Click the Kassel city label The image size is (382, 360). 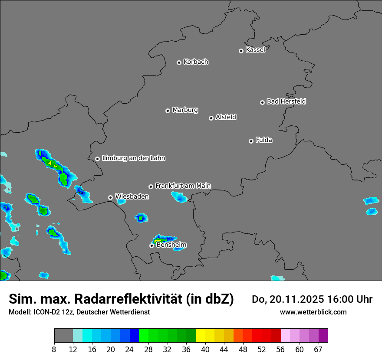pyautogui.click(x=255, y=50)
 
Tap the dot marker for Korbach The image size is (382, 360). pyautogui.click(x=179, y=62)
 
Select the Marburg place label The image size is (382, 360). pyautogui.click(x=185, y=110)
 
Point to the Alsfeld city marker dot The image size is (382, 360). pyautogui.click(x=211, y=118)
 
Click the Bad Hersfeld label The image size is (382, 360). pyautogui.click(x=286, y=101)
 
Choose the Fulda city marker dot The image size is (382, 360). pyautogui.click(x=251, y=141)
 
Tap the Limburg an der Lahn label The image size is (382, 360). pyautogui.click(x=133, y=158)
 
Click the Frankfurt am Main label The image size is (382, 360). pyautogui.click(x=183, y=186)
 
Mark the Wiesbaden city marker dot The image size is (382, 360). pyautogui.click(x=110, y=197)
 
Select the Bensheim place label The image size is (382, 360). pyautogui.click(x=171, y=245)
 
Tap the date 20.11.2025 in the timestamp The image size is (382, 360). pyautogui.click(x=290, y=299)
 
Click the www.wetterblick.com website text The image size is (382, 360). pyautogui.click(x=313, y=312)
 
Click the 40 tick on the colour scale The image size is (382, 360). pyautogui.click(x=205, y=350)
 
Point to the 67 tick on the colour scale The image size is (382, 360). pyautogui.click(x=318, y=350)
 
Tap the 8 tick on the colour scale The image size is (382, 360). pyautogui.click(x=54, y=350)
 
